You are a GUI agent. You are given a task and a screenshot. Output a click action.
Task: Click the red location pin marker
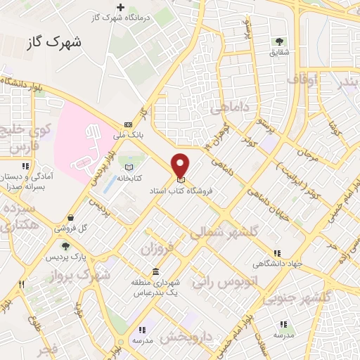(x=181, y=166)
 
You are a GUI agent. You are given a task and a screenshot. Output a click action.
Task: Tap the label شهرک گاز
(x=53, y=42)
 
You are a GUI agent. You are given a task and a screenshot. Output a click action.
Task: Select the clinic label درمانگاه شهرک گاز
(x=120, y=18)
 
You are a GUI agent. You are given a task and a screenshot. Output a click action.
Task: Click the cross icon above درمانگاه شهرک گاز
(x=120, y=7)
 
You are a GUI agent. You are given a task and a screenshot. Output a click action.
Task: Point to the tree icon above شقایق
(x=280, y=41)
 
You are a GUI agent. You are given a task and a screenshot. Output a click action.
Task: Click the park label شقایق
(x=280, y=52)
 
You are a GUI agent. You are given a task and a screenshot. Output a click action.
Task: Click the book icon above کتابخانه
(x=128, y=167)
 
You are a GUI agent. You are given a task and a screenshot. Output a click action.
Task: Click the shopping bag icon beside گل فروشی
(x=71, y=217)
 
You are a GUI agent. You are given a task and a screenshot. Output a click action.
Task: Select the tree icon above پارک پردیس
(x=66, y=247)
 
